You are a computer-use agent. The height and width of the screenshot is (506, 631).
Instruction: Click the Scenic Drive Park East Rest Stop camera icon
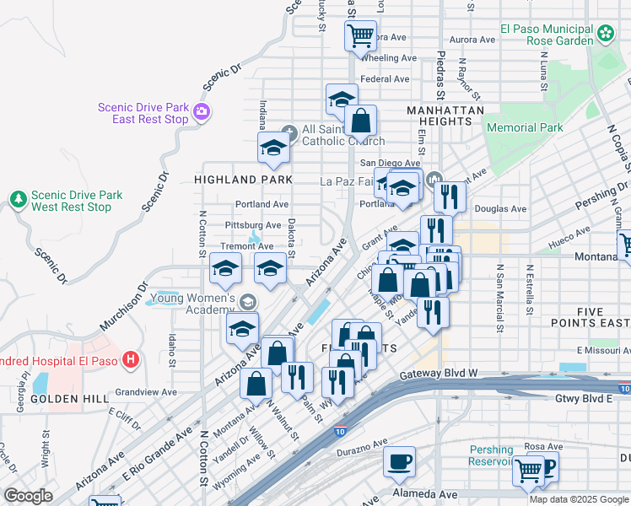pyautogui.click(x=201, y=111)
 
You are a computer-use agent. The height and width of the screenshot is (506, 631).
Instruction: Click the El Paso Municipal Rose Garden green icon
pyautogui.click(x=606, y=33)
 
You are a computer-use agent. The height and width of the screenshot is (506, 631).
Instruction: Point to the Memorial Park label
pyautogui.click(x=528, y=128)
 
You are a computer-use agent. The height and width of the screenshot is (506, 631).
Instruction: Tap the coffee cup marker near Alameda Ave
pyautogui.click(x=399, y=461)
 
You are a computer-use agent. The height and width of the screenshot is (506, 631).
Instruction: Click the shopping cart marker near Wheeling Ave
pyautogui.click(x=360, y=35)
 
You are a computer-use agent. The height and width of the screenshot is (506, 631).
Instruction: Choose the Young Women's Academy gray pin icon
pyautogui.click(x=247, y=301)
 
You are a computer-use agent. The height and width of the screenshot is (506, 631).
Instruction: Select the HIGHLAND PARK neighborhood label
pyautogui.click(x=243, y=180)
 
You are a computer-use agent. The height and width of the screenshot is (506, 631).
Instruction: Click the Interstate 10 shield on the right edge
pyautogui.click(x=623, y=388)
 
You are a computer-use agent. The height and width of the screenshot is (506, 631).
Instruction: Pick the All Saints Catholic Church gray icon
pyautogui.click(x=289, y=132)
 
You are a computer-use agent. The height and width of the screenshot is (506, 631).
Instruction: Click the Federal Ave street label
pyautogui.click(x=384, y=79)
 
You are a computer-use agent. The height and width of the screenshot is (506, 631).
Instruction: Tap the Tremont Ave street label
pyautogui.click(x=247, y=246)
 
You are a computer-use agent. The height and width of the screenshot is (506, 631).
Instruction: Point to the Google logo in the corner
pyautogui.click(x=28, y=496)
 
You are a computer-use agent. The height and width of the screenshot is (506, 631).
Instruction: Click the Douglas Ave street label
pyautogui.click(x=500, y=208)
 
